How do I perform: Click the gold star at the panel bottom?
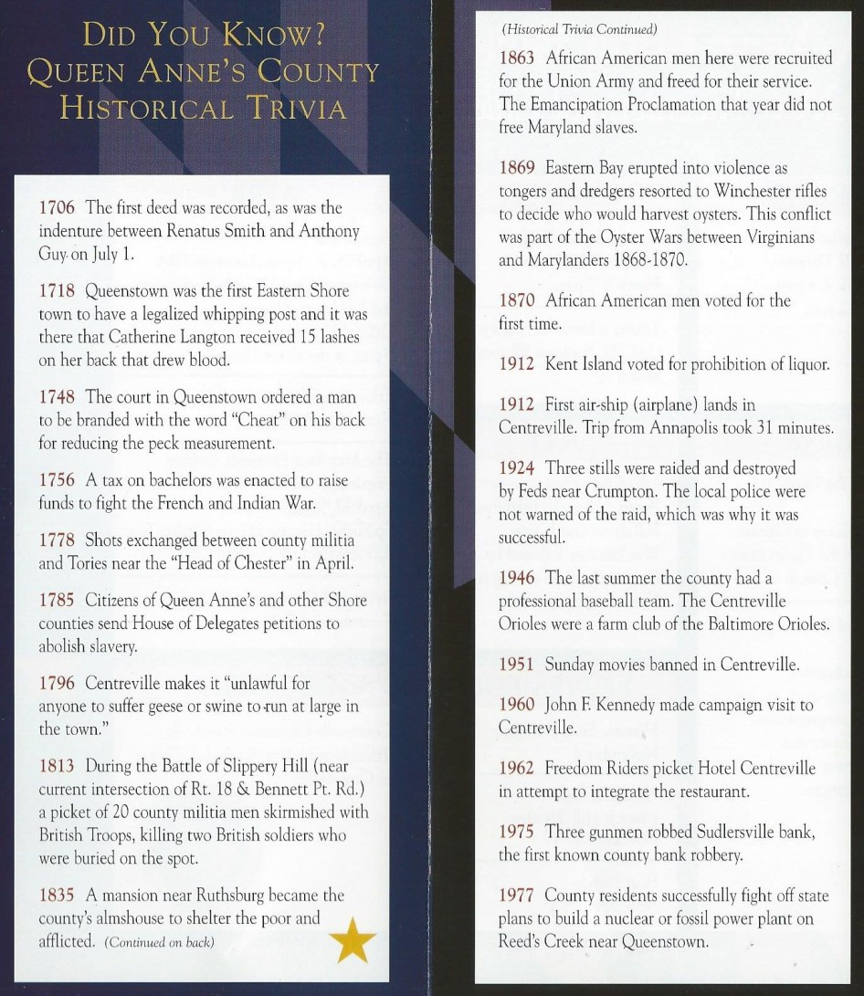click(352, 939)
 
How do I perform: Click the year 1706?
click(58, 208)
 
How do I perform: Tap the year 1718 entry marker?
click(58, 292)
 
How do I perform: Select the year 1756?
click(58, 481)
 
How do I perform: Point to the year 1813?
click(58, 766)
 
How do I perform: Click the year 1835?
click(58, 896)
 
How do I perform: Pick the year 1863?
click(519, 58)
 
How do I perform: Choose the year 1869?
click(519, 169)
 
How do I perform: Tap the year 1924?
click(519, 468)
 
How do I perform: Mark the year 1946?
click(519, 578)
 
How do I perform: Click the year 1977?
click(519, 896)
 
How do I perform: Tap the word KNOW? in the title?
click(269, 37)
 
